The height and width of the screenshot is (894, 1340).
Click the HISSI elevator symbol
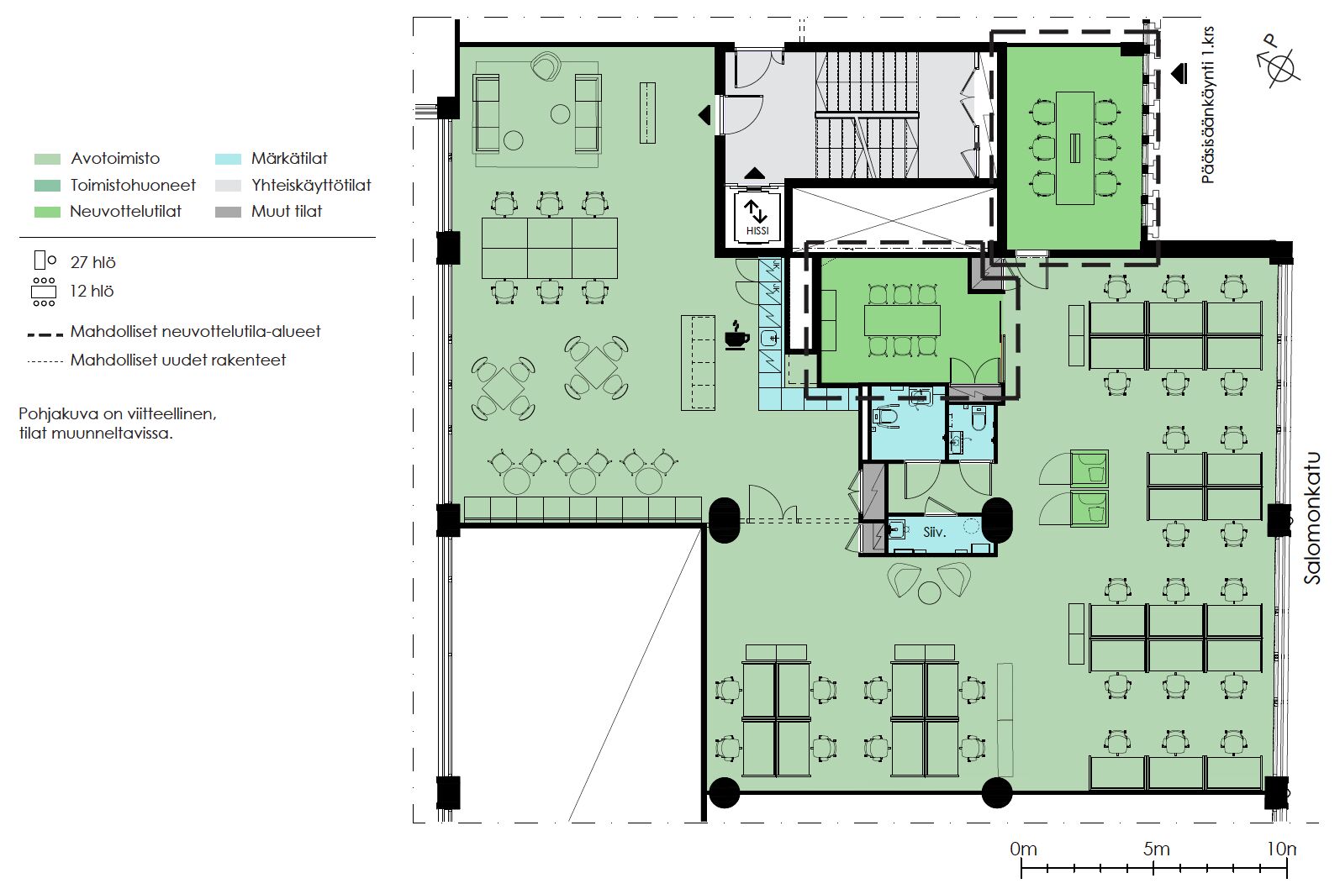coord(757,217)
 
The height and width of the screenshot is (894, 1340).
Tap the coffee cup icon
coord(737,335)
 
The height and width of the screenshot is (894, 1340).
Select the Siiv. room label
coord(935,532)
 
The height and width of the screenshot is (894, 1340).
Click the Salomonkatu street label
coord(1312,518)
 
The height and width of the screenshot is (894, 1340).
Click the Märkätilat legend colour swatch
coord(228,159)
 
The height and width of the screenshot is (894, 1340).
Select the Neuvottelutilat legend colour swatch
coord(47,212)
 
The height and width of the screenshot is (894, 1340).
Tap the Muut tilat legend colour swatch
coord(228,212)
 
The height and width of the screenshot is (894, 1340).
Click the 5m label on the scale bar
coord(1157,849)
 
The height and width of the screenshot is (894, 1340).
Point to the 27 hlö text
coord(92,262)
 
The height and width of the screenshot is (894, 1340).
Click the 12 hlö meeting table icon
coord(44,292)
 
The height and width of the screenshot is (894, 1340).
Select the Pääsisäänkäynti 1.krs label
coord(1207,105)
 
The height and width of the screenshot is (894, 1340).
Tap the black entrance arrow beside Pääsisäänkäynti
coord(1179,74)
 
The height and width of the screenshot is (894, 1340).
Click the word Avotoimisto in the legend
coord(115,159)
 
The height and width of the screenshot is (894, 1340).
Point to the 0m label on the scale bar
coord(1023,849)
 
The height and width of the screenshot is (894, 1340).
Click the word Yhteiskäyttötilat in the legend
coord(311,186)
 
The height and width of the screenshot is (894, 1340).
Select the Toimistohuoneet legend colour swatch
coord(47,186)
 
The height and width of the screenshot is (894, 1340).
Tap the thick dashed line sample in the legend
coord(45,335)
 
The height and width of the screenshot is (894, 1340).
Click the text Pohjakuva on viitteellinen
coord(117,414)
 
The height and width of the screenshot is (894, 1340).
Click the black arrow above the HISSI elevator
coord(754,173)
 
